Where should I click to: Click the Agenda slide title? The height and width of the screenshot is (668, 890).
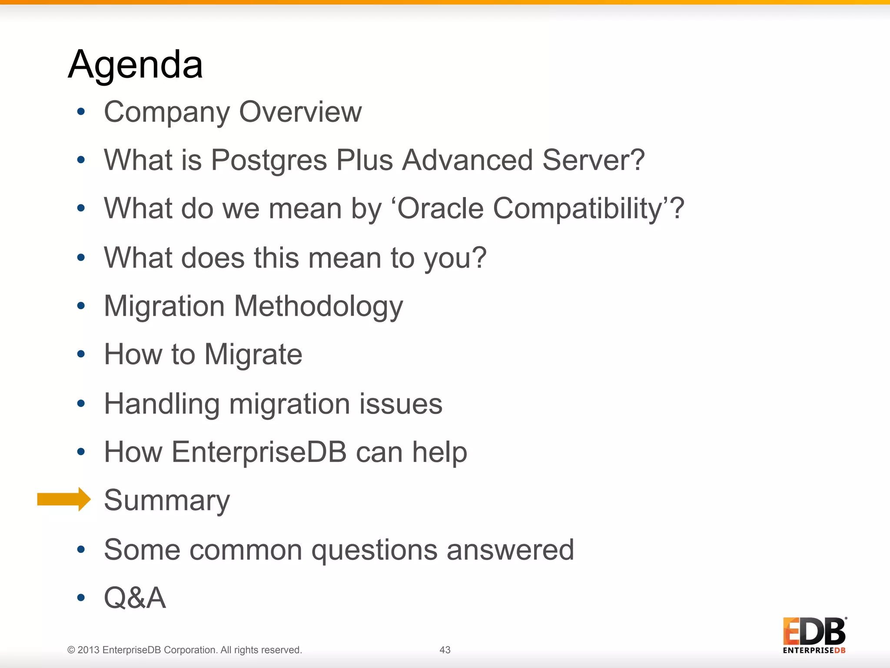click(x=135, y=64)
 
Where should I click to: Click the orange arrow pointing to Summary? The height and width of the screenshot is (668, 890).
click(x=63, y=499)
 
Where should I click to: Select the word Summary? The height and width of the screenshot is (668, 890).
click(x=167, y=500)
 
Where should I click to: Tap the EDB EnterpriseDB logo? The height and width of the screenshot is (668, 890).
click(x=814, y=635)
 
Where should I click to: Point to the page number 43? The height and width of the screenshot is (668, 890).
click(x=445, y=650)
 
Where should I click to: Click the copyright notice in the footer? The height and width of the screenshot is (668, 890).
click(x=184, y=650)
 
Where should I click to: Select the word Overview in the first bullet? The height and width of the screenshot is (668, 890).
click(x=300, y=112)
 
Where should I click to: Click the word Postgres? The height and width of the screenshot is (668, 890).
click(x=269, y=160)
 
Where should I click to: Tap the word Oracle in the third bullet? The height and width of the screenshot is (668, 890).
click(x=440, y=208)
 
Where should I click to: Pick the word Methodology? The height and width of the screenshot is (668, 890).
click(x=319, y=307)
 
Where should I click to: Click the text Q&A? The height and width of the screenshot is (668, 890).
click(x=135, y=598)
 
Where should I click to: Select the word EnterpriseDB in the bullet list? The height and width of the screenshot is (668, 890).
click(x=259, y=452)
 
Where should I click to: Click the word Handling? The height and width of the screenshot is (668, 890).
click(x=162, y=404)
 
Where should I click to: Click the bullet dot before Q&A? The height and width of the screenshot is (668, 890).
click(x=81, y=598)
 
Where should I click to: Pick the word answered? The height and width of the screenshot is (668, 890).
click(x=510, y=550)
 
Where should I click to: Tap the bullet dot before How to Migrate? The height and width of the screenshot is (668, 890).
click(x=81, y=354)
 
